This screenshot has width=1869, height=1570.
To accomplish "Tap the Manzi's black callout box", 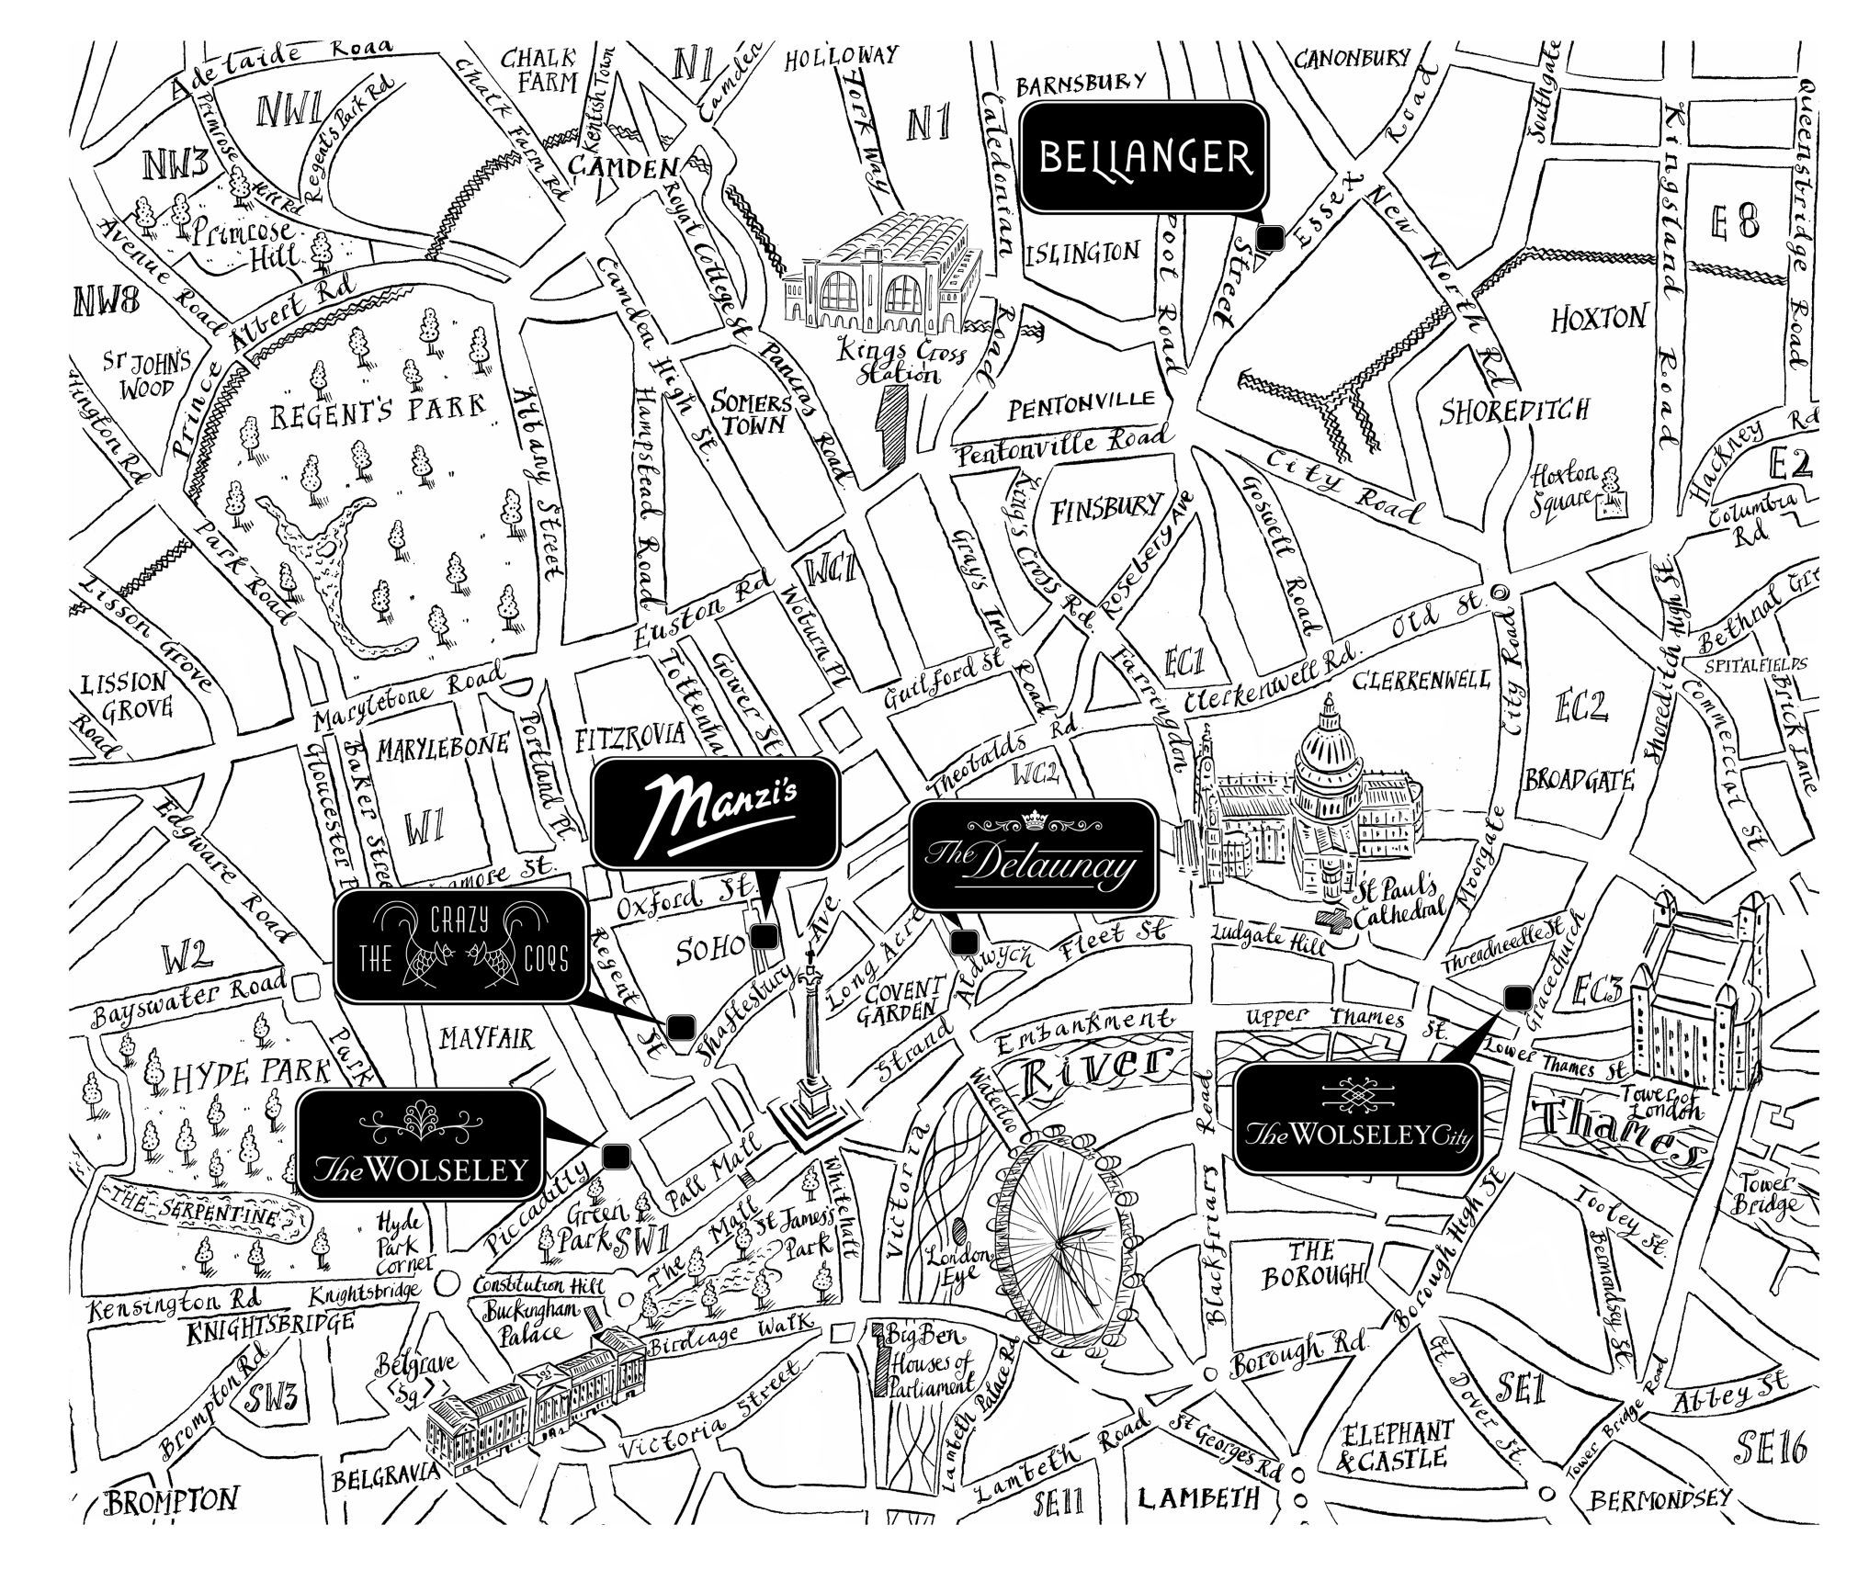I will [715, 813].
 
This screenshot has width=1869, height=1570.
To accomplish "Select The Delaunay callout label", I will [1033, 854].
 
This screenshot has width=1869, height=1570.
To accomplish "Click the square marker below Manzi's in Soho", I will [765, 936].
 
